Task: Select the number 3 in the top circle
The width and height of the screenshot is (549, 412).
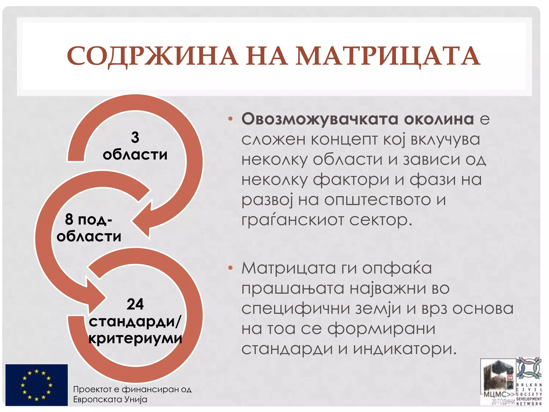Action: point(135,137)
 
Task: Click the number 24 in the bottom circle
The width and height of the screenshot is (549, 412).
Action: point(135,304)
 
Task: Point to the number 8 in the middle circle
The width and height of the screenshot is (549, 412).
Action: point(69,219)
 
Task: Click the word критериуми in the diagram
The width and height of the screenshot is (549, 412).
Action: point(135,339)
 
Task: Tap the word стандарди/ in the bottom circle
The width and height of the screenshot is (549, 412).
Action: point(135,321)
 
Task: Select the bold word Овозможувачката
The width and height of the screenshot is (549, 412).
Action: point(320,119)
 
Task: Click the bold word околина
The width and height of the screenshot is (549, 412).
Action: point(439,119)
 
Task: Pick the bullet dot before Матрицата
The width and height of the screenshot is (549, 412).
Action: point(230,268)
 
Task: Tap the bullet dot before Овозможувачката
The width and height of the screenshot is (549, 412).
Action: point(230,119)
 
